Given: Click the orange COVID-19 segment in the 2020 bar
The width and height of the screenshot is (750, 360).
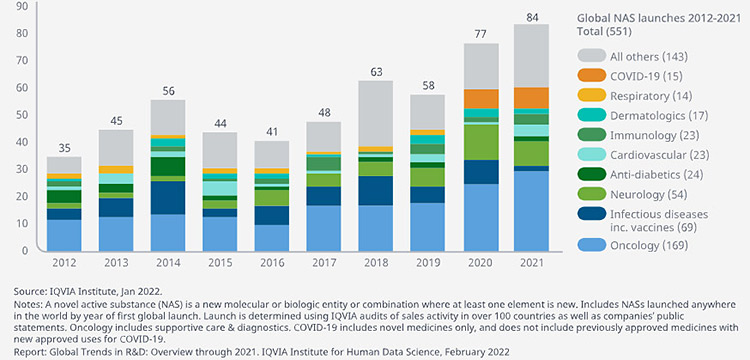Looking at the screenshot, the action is tap(481, 99).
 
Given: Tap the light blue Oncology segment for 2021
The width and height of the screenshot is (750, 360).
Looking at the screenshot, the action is tap(531, 211).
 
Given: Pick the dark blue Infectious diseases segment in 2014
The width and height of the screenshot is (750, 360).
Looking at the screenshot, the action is tap(168, 198).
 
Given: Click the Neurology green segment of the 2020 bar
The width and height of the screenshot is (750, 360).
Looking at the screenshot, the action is tap(481, 142).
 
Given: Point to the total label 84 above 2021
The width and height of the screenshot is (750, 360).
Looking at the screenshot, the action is tap(532, 18).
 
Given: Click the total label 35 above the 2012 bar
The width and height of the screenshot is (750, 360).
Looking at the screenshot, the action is tap(64, 149).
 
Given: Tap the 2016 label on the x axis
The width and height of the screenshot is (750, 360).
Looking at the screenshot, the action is tap(272, 263).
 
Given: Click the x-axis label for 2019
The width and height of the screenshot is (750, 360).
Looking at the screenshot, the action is tap(429, 263).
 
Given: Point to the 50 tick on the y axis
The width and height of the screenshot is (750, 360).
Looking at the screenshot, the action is tap(22, 115).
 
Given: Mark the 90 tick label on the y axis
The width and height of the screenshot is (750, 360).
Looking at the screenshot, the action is tap(22, 6).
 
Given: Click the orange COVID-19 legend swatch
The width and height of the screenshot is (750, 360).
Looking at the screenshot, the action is tap(591, 76).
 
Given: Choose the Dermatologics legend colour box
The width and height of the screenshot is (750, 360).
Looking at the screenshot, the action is tap(591, 116).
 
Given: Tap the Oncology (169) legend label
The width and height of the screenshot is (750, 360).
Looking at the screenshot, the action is tap(649, 246).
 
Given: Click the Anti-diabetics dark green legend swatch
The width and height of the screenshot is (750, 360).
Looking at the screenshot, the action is tap(591, 175).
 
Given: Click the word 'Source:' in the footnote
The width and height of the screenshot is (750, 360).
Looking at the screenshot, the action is tap(28, 291).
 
